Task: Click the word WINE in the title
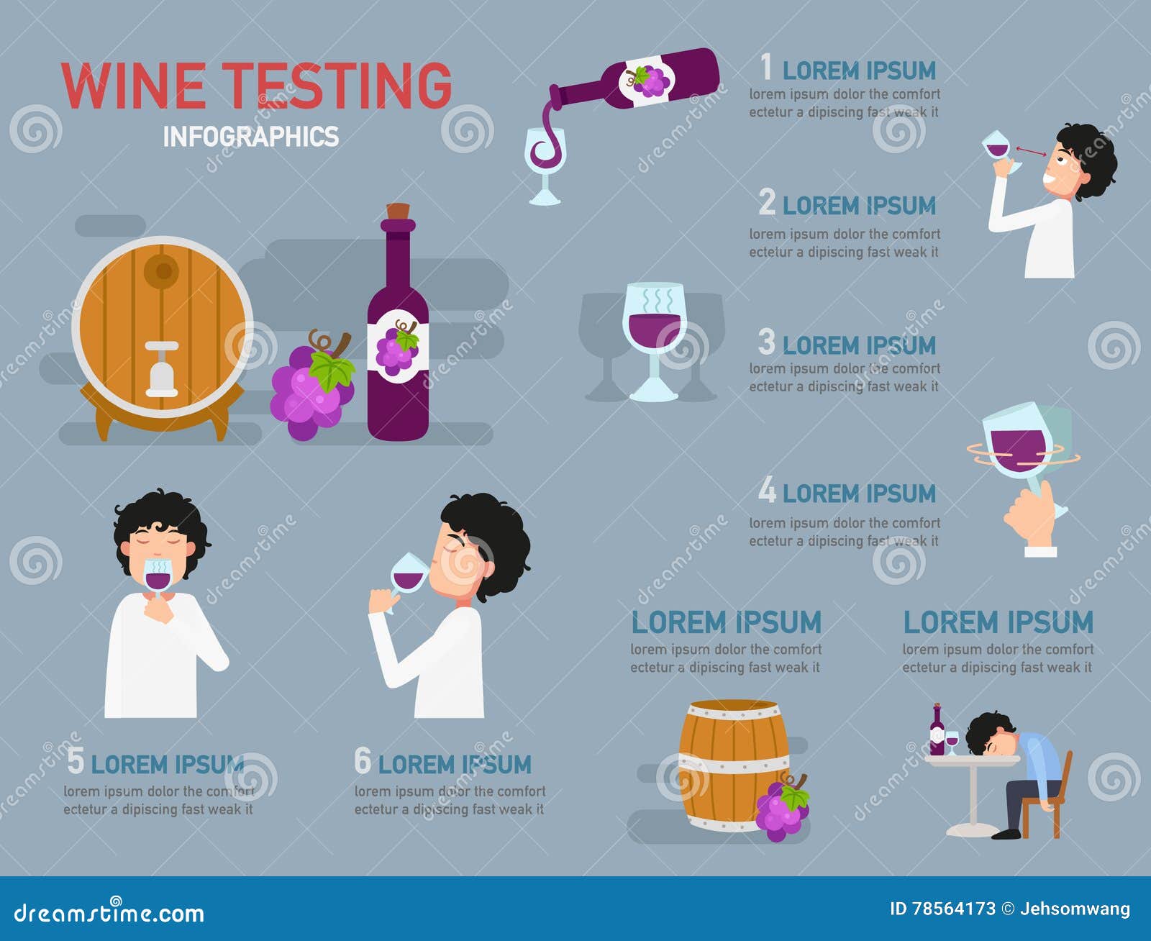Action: point(134,86)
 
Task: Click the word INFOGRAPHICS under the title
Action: point(250,137)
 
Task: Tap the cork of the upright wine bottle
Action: point(398,212)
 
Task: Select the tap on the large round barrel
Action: point(161,368)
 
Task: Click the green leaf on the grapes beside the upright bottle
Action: point(332,370)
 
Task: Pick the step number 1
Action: point(767,68)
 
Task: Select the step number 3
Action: point(767,342)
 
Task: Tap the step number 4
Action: point(767,491)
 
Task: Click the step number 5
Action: point(76,761)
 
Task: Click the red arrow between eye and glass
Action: point(1031,151)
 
